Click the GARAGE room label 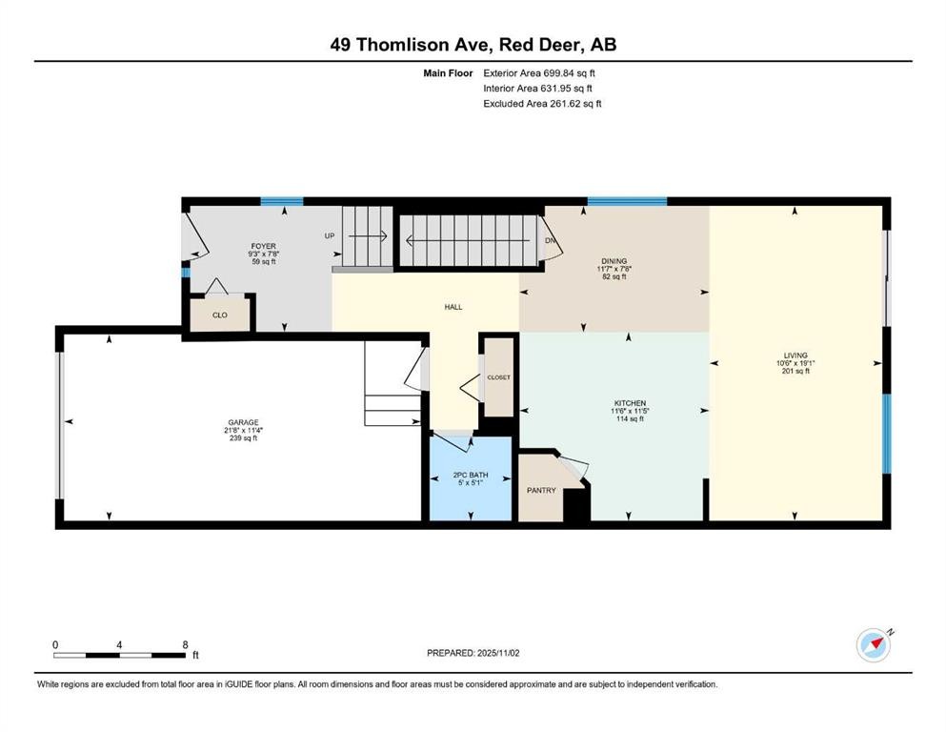coord(243,422)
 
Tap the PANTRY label coord(541,491)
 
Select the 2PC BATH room coord(471,478)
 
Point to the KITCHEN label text coord(630,403)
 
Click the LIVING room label coord(795,356)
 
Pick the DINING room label coord(614,261)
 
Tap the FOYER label coord(264,246)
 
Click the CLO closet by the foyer coord(220,315)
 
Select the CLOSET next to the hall coord(498,377)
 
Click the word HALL coord(453,307)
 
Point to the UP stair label coord(330,236)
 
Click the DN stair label coord(550,241)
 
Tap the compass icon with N coord(874,645)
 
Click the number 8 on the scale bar coord(185,644)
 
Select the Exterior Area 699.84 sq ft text coord(539,73)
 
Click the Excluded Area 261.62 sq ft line coord(542,103)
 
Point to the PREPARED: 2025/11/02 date coord(473,653)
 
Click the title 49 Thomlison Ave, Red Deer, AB coord(473,45)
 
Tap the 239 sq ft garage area coord(243,438)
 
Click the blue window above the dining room coord(627,201)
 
